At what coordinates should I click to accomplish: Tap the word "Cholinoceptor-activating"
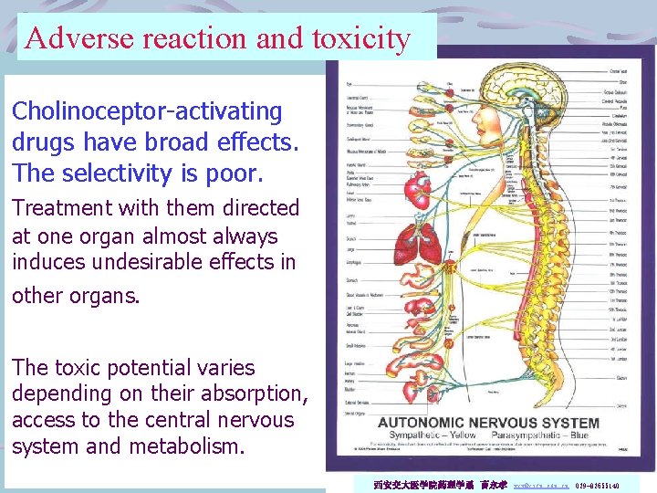(x=147, y=112)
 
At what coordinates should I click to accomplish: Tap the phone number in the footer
(x=598, y=487)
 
